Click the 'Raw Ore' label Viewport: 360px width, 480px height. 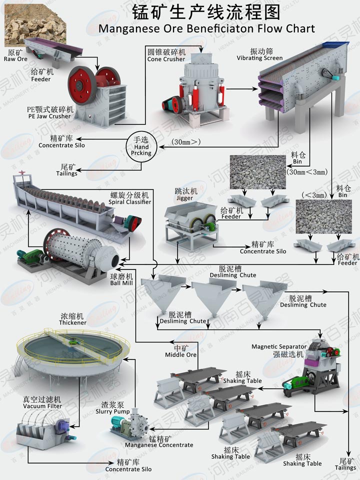(x=15, y=58)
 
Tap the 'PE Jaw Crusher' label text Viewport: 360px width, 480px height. (x=49, y=116)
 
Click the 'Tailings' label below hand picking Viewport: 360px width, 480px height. (x=66, y=173)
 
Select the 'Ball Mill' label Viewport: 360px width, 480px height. (x=122, y=282)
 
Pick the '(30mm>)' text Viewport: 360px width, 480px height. (x=185, y=142)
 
